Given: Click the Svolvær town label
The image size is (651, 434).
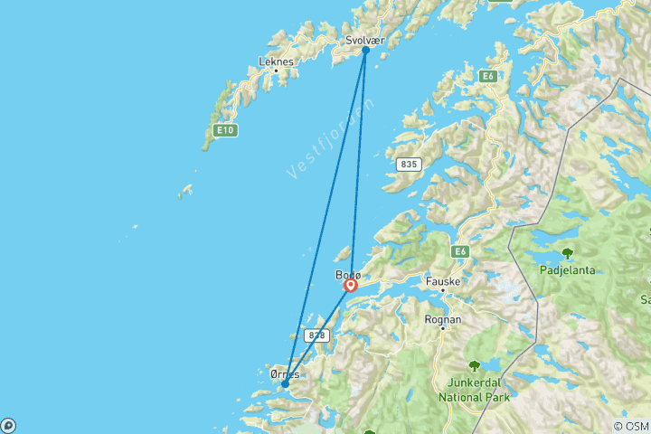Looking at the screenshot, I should click(x=364, y=40).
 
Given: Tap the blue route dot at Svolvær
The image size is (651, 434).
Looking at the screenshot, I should click(x=365, y=51).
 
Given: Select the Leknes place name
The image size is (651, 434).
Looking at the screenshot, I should click(x=276, y=61).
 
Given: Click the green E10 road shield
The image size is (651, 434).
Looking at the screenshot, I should click(x=225, y=131).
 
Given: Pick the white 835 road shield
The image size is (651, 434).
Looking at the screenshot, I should click(x=409, y=164).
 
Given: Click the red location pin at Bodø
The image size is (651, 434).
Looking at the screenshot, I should click(x=351, y=286).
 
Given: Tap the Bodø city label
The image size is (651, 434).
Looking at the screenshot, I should click(x=348, y=275).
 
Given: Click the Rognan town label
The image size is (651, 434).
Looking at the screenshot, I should click(x=443, y=319).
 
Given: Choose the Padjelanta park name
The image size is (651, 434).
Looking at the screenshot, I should click(x=566, y=269).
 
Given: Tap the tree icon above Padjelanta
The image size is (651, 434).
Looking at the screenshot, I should click(x=567, y=254).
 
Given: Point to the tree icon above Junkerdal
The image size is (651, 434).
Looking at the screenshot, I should click(x=474, y=366).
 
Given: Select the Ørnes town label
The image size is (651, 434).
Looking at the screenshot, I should click(x=285, y=373).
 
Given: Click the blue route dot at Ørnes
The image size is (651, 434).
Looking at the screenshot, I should click(x=285, y=384).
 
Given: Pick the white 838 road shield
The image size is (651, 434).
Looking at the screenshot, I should click(x=316, y=335).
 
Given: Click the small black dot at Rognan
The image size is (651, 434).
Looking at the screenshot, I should click(x=443, y=328).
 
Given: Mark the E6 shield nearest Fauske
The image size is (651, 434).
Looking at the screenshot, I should click(x=461, y=251).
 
